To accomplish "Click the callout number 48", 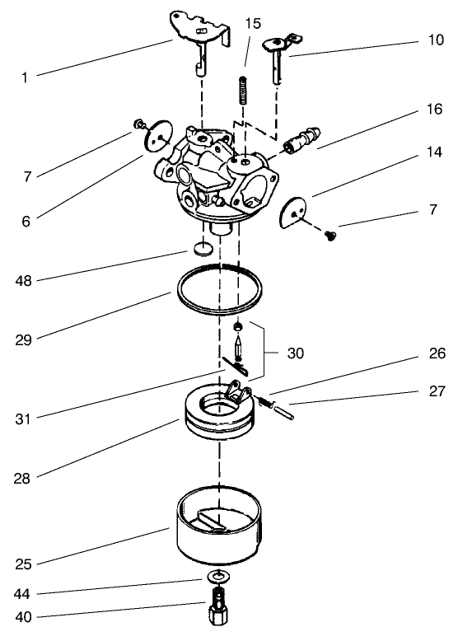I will [25, 281].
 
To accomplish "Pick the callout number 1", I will [25, 78].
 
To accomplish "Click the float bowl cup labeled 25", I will [219, 528].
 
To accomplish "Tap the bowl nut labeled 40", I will [219, 612].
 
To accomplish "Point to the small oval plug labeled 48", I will [203, 247].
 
